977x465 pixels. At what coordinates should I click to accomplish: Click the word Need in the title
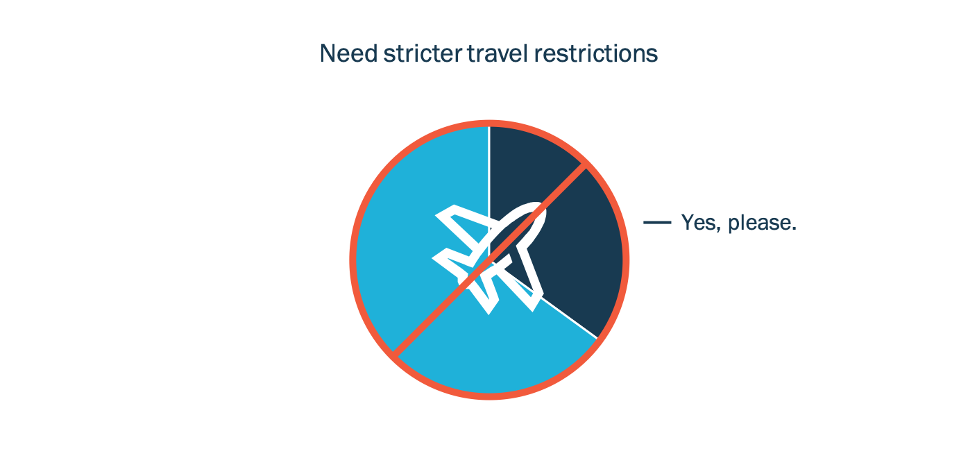pos(348,53)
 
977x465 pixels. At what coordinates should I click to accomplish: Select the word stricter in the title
pos(422,53)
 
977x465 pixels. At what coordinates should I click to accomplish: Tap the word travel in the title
pos(498,53)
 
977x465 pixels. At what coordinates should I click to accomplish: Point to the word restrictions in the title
pos(596,53)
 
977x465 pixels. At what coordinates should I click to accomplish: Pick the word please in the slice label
pos(762,223)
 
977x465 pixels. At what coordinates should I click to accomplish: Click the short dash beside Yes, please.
pos(657,223)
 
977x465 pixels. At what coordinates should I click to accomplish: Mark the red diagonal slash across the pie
pos(489,260)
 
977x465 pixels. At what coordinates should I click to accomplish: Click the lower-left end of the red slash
pos(394,356)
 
